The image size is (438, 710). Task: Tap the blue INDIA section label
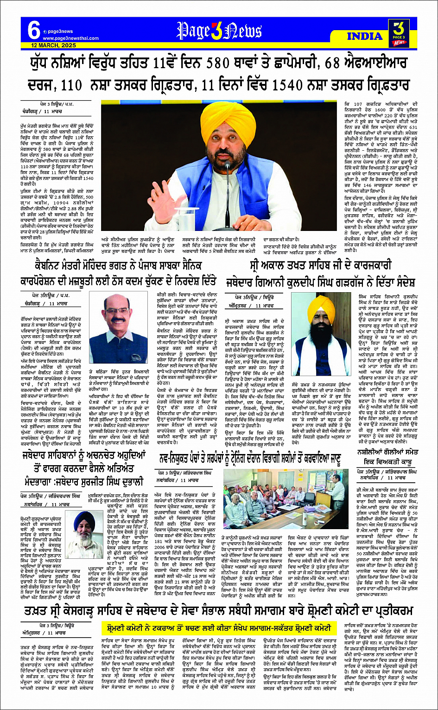point(364,36)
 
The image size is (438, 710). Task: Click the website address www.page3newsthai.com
point(72,38)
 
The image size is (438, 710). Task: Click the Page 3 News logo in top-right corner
point(397,33)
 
